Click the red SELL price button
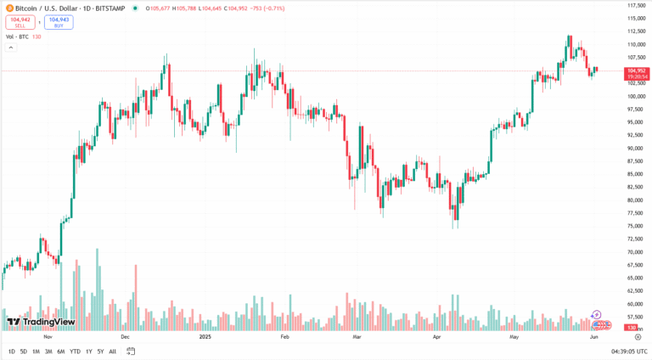[x=20, y=22]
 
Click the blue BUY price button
[x=59, y=22]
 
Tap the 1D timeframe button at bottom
[x=11, y=351]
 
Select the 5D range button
[x=23, y=351]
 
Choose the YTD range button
[x=75, y=351]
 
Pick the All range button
[x=112, y=351]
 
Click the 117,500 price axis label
[x=637, y=5]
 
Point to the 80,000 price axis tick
[x=635, y=200]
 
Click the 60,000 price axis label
[x=635, y=304]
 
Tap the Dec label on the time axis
[x=125, y=337]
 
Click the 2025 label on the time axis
[x=205, y=337]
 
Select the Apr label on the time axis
[x=436, y=337]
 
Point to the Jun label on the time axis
[x=594, y=337]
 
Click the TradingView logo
[x=41, y=322]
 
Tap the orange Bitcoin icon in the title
[x=8, y=8]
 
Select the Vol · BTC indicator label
[x=19, y=36]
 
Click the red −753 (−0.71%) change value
[x=265, y=8]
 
